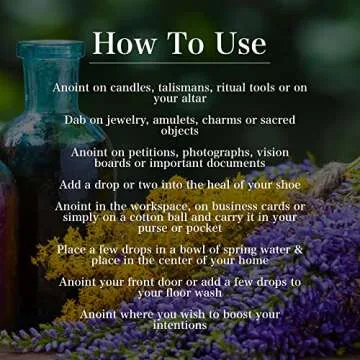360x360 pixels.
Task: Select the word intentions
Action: (180, 326)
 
